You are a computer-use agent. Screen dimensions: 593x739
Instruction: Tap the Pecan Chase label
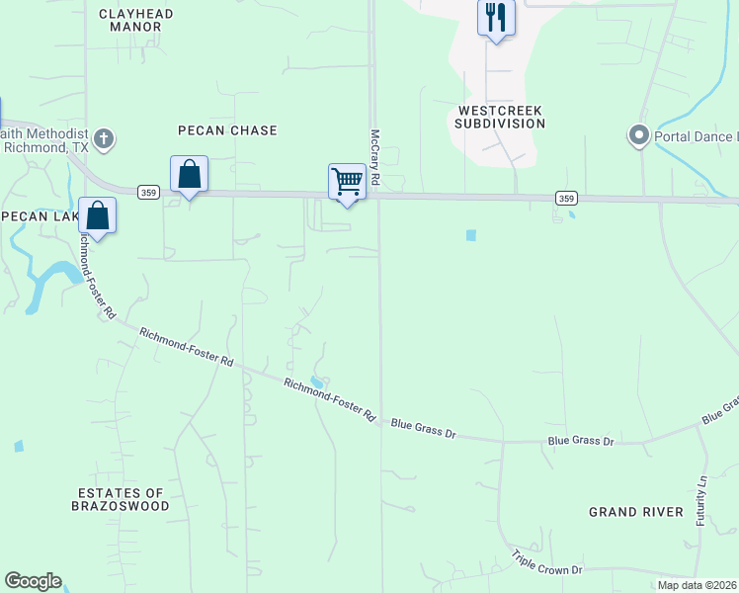click(x=227, y=130)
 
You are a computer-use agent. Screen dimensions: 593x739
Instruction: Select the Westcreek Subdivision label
click(x=500, y=117)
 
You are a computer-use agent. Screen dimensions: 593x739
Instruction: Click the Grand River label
click(x=636, y=511)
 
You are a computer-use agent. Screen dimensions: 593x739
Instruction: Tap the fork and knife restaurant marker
click(x=496, y=18)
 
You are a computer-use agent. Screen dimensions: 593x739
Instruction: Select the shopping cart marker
click(x=347, y=182)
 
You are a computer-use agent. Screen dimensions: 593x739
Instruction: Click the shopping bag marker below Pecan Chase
click(x=189, y=175)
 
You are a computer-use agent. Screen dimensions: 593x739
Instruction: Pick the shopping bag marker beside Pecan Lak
click(x=98, y=215)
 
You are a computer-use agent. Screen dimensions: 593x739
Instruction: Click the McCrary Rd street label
click(x=375, y=158)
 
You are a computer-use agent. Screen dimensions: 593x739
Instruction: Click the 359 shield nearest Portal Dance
click(x=566, y=199)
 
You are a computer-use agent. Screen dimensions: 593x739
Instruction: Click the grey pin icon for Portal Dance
click(x=638, y=135)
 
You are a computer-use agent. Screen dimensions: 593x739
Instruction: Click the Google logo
click(x=33, y=581)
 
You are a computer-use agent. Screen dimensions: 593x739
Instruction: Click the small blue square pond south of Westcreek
click(x=470, y=235)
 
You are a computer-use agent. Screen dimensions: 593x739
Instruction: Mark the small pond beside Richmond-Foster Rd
click(x=315, y=381)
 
